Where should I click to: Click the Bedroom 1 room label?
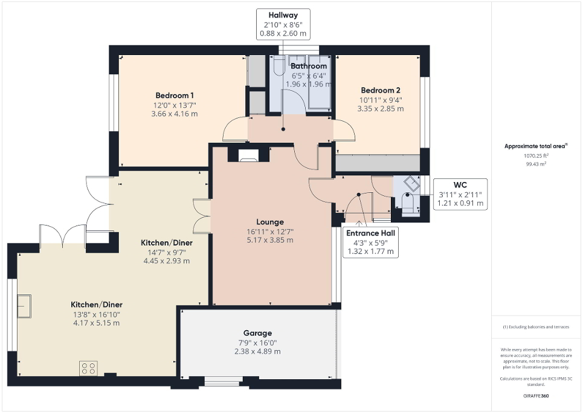click(x=174, y=96)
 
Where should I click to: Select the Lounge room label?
click(x=269, y=222)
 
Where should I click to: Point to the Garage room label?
click(x=257, y=333)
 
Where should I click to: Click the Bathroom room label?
click(x=309, y=66)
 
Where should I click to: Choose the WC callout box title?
click(x=461, y=184)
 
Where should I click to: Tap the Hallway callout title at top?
click(x=283, y=15)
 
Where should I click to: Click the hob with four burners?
click(x=88, y=368)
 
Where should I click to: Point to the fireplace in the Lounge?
click(x=248, y=156)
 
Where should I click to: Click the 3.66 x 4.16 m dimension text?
click(x=174, y=114)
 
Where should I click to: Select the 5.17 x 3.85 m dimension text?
click(x=269, y=240)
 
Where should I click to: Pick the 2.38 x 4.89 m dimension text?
click(x=257, y=351)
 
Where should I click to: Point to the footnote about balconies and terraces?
click(x=536, y=327)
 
